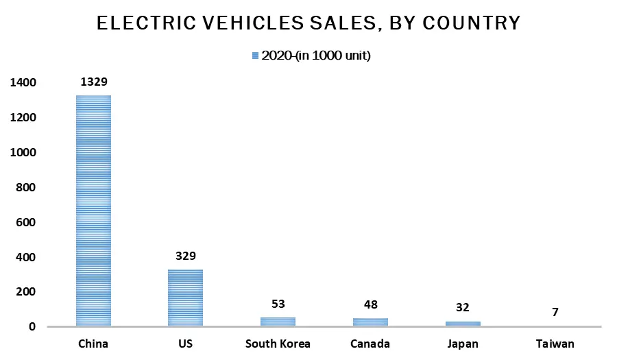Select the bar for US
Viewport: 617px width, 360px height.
(x=186, y=298)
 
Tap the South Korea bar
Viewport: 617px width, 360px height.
(x=278, y=322)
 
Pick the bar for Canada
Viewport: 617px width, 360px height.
(x=370, y=322)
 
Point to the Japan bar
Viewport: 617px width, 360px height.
(x=463, y=324)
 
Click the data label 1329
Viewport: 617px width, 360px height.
(x=93, y=82)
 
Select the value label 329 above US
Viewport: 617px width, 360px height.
(x=186, y=256)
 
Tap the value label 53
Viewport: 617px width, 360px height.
(x=278, y=304)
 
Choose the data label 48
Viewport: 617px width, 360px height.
(x=370, y=305)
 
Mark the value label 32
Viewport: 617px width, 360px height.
(x=463, y=308)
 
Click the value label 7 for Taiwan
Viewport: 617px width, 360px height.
(x=555, y=312)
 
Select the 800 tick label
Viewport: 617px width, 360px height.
(x=27, y=187)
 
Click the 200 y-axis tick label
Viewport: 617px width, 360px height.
(x=27, y=292)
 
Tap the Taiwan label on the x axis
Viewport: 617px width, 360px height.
(x=555, y=344)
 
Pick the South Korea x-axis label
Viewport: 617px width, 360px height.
(x=278, y=344)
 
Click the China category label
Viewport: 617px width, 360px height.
(x=93, y=344)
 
